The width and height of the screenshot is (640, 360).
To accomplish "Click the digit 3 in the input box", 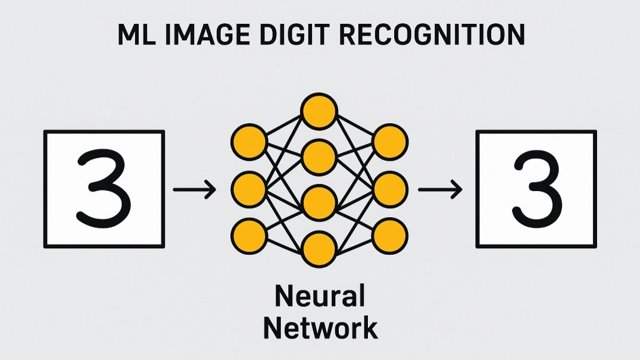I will (104, 190).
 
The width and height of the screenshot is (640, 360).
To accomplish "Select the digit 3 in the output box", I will (536, 190).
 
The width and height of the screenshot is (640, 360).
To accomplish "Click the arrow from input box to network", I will (194, 190).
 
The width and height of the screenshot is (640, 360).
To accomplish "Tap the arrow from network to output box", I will (440, 190).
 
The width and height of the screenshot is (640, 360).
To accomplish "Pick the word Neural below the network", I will (320, 296).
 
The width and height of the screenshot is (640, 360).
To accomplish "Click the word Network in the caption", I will (320, 327).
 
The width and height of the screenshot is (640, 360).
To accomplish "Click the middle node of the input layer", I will (248, 189).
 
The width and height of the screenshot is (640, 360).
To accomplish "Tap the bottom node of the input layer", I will (248, 234).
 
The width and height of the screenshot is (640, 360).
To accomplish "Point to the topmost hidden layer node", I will (319, 111).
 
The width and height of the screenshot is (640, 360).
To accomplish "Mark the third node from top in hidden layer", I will (319, 203).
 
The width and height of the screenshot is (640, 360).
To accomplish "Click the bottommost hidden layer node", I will (319, 249).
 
